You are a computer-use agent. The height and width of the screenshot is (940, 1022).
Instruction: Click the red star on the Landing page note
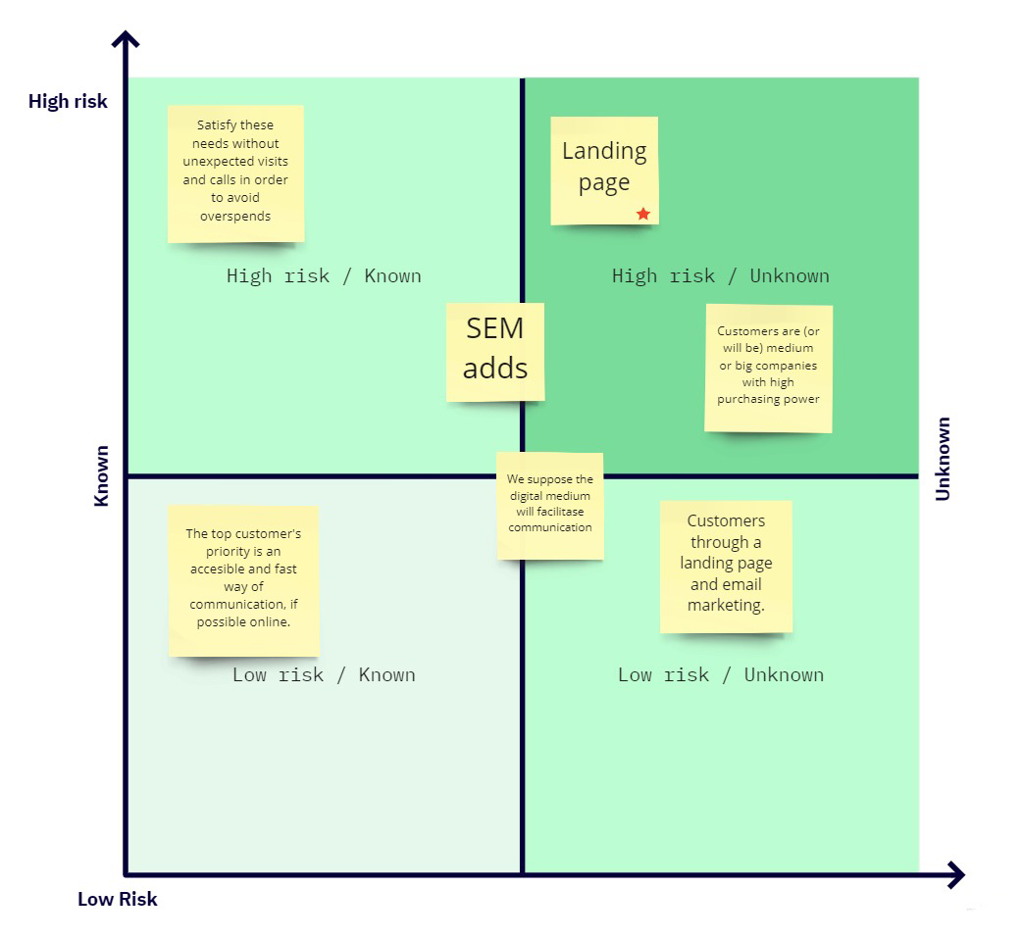click(643, 214)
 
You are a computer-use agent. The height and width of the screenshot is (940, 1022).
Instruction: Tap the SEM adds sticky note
click(495, 350)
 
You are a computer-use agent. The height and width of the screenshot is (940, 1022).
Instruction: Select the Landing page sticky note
click(603, 168)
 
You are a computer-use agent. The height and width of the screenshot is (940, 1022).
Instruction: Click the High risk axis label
click(68, 101)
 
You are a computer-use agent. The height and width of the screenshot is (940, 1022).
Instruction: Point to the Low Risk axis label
click(118, 899)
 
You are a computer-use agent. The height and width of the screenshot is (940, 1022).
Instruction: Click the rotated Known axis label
click(101, 476)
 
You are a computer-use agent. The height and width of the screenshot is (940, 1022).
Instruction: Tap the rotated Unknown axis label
click(943, 459)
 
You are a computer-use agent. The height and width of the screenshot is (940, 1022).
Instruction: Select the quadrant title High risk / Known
click(324, 275)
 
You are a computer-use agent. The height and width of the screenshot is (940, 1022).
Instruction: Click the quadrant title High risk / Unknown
click(720, 275)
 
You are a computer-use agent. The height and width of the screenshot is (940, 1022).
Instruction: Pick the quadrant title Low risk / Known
click(324, 674)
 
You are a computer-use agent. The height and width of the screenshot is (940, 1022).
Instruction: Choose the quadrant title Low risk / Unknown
click(720, 674)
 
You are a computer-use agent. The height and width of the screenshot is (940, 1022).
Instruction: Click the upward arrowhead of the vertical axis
click(126, 40)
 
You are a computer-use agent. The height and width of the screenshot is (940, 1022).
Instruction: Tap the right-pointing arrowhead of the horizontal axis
click(955, 874)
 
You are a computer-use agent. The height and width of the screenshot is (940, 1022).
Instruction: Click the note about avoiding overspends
click(235, 173)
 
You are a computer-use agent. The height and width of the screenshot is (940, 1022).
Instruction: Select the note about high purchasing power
click(768, 367)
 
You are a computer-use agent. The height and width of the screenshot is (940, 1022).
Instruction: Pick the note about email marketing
click(726, 566)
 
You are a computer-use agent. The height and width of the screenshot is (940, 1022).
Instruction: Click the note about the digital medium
click(549, 505)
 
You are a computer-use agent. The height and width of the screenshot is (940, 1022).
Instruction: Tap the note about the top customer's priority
click(243, 580)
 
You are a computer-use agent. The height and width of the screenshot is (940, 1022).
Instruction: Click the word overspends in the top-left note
click(235, 216)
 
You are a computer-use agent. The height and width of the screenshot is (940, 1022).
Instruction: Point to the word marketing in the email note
click(725, 605)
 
